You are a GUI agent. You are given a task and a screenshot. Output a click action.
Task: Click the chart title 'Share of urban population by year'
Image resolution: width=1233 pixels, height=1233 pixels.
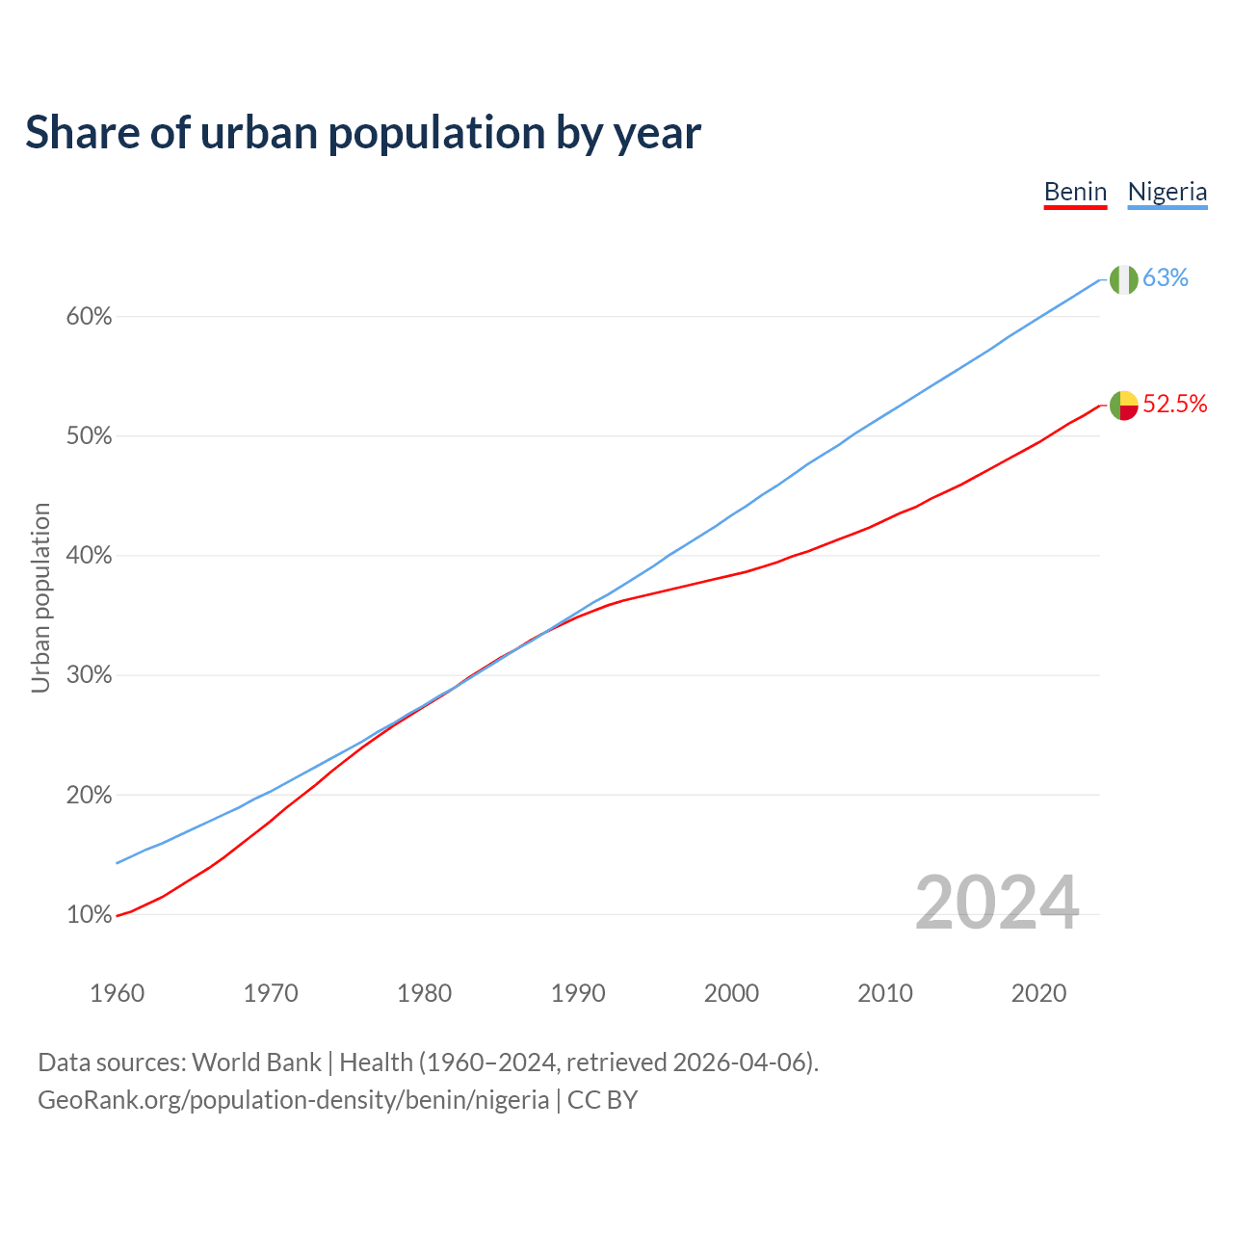363,133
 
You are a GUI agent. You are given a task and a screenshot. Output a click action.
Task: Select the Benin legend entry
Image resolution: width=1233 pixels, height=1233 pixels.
1075,192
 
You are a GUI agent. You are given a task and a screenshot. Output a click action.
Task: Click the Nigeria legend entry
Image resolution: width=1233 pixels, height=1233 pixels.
1167,192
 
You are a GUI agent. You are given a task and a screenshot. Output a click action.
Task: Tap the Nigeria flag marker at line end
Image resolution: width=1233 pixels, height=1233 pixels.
1123,279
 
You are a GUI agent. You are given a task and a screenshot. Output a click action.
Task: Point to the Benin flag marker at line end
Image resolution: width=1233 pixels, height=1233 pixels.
1123,406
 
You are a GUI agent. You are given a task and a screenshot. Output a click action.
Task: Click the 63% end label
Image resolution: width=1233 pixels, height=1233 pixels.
1166,278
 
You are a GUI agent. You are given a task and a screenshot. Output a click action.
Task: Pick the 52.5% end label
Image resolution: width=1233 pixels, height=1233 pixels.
1174,405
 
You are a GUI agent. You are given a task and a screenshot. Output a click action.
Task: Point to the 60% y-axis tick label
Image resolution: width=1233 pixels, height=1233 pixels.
89,317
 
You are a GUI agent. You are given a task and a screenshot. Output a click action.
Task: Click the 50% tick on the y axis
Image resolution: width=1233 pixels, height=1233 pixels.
89,436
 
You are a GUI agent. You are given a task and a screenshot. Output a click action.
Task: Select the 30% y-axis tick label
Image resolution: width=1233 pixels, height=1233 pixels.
89,675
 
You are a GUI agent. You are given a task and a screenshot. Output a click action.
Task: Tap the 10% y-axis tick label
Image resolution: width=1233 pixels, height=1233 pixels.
89,914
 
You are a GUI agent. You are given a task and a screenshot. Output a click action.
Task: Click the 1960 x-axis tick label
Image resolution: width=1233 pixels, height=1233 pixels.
118,993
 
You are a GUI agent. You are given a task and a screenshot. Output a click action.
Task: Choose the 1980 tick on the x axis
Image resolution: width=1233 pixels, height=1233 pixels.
425,993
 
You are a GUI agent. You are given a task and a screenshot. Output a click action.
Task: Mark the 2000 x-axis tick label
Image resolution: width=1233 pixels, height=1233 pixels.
731,993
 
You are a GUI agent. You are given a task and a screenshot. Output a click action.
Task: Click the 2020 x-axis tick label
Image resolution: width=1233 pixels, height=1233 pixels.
1038,993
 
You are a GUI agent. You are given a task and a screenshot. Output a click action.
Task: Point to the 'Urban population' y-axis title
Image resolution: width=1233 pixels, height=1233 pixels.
40,597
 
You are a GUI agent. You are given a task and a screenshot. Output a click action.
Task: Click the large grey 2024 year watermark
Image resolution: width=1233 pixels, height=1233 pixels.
997,904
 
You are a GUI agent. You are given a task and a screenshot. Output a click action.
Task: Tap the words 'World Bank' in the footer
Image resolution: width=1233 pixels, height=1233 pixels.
256,1062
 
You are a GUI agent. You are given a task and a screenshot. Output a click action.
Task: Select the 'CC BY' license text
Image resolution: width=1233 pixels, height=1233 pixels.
602,1100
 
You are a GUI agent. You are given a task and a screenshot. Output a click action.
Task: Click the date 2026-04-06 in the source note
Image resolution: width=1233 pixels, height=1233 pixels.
738,1062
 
